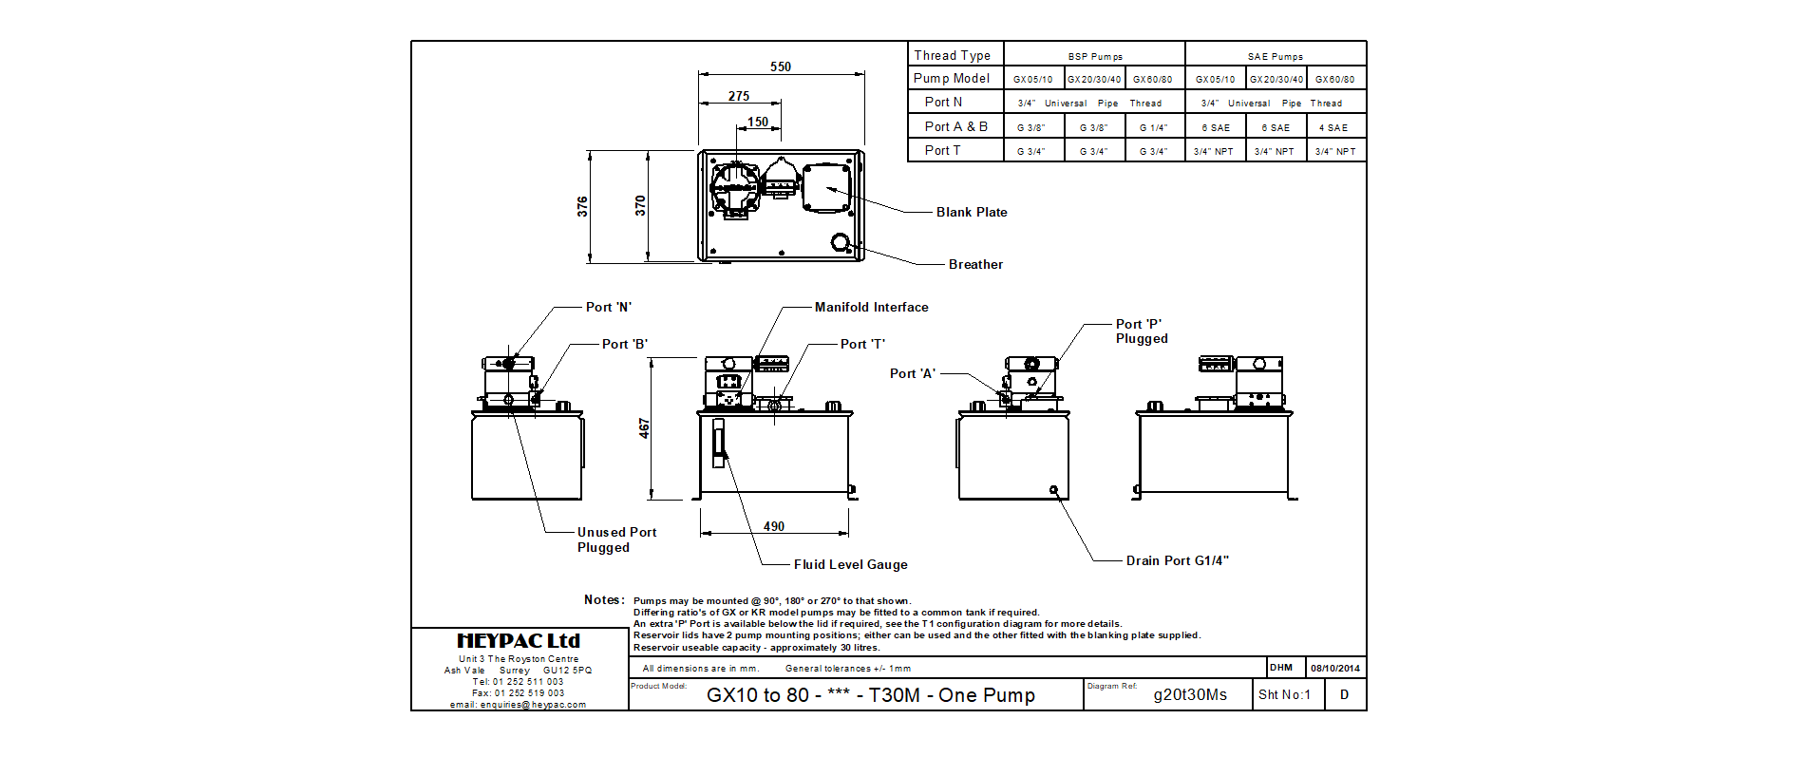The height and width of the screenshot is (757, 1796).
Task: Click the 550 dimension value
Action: coord(781,66)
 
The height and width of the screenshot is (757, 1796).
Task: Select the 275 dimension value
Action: coord(739,96)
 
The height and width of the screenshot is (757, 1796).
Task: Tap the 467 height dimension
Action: coord(644,428)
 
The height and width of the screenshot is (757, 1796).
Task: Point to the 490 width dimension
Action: coord(774,526)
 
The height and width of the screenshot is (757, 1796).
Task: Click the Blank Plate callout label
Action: coord(972,212)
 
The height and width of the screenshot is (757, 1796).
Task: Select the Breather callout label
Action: coord(975,264)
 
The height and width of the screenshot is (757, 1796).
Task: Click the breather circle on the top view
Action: coord(841,242)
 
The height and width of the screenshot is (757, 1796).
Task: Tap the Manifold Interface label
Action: coord(871,307)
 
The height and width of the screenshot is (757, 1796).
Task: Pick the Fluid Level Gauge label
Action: coord(850,564)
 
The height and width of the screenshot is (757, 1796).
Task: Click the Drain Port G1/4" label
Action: coord(1177,560)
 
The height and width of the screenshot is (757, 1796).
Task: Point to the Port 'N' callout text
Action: coord(608,307)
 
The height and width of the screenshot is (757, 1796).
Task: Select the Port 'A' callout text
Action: coord(912,373)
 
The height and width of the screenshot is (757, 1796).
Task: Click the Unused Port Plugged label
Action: coord(616,539)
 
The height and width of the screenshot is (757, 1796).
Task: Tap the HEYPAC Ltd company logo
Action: coord(519,641)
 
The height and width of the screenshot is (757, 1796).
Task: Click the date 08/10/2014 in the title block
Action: coord(1334,668)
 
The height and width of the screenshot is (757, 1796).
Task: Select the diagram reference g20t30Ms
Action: coord(1190,695)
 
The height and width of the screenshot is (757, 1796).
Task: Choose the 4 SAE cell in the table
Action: coord(1333,127)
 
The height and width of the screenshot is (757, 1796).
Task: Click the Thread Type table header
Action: coord(952,55)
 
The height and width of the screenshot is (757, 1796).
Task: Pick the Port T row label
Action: coord(942,150)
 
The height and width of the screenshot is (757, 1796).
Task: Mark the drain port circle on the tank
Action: coord(1053,490)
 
